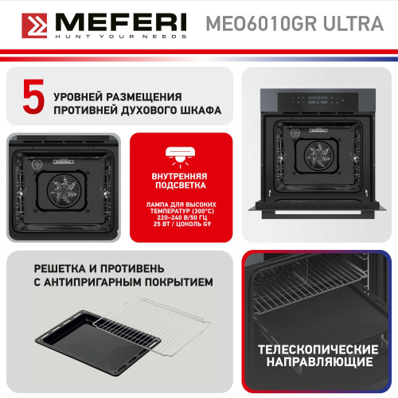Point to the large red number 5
point(33,99)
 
